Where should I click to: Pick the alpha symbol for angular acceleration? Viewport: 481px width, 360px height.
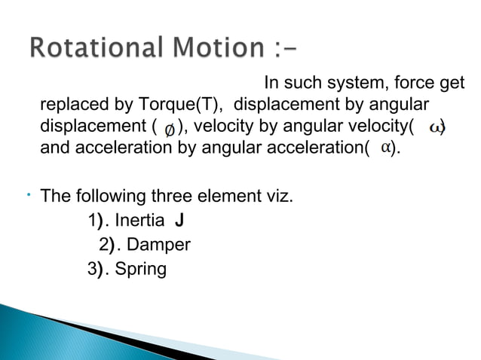coord(384,147)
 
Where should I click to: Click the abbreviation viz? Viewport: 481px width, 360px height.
coord(278,197)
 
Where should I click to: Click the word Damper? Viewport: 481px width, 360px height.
coord(158,245)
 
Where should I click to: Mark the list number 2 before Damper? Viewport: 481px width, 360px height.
coord(104,245)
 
